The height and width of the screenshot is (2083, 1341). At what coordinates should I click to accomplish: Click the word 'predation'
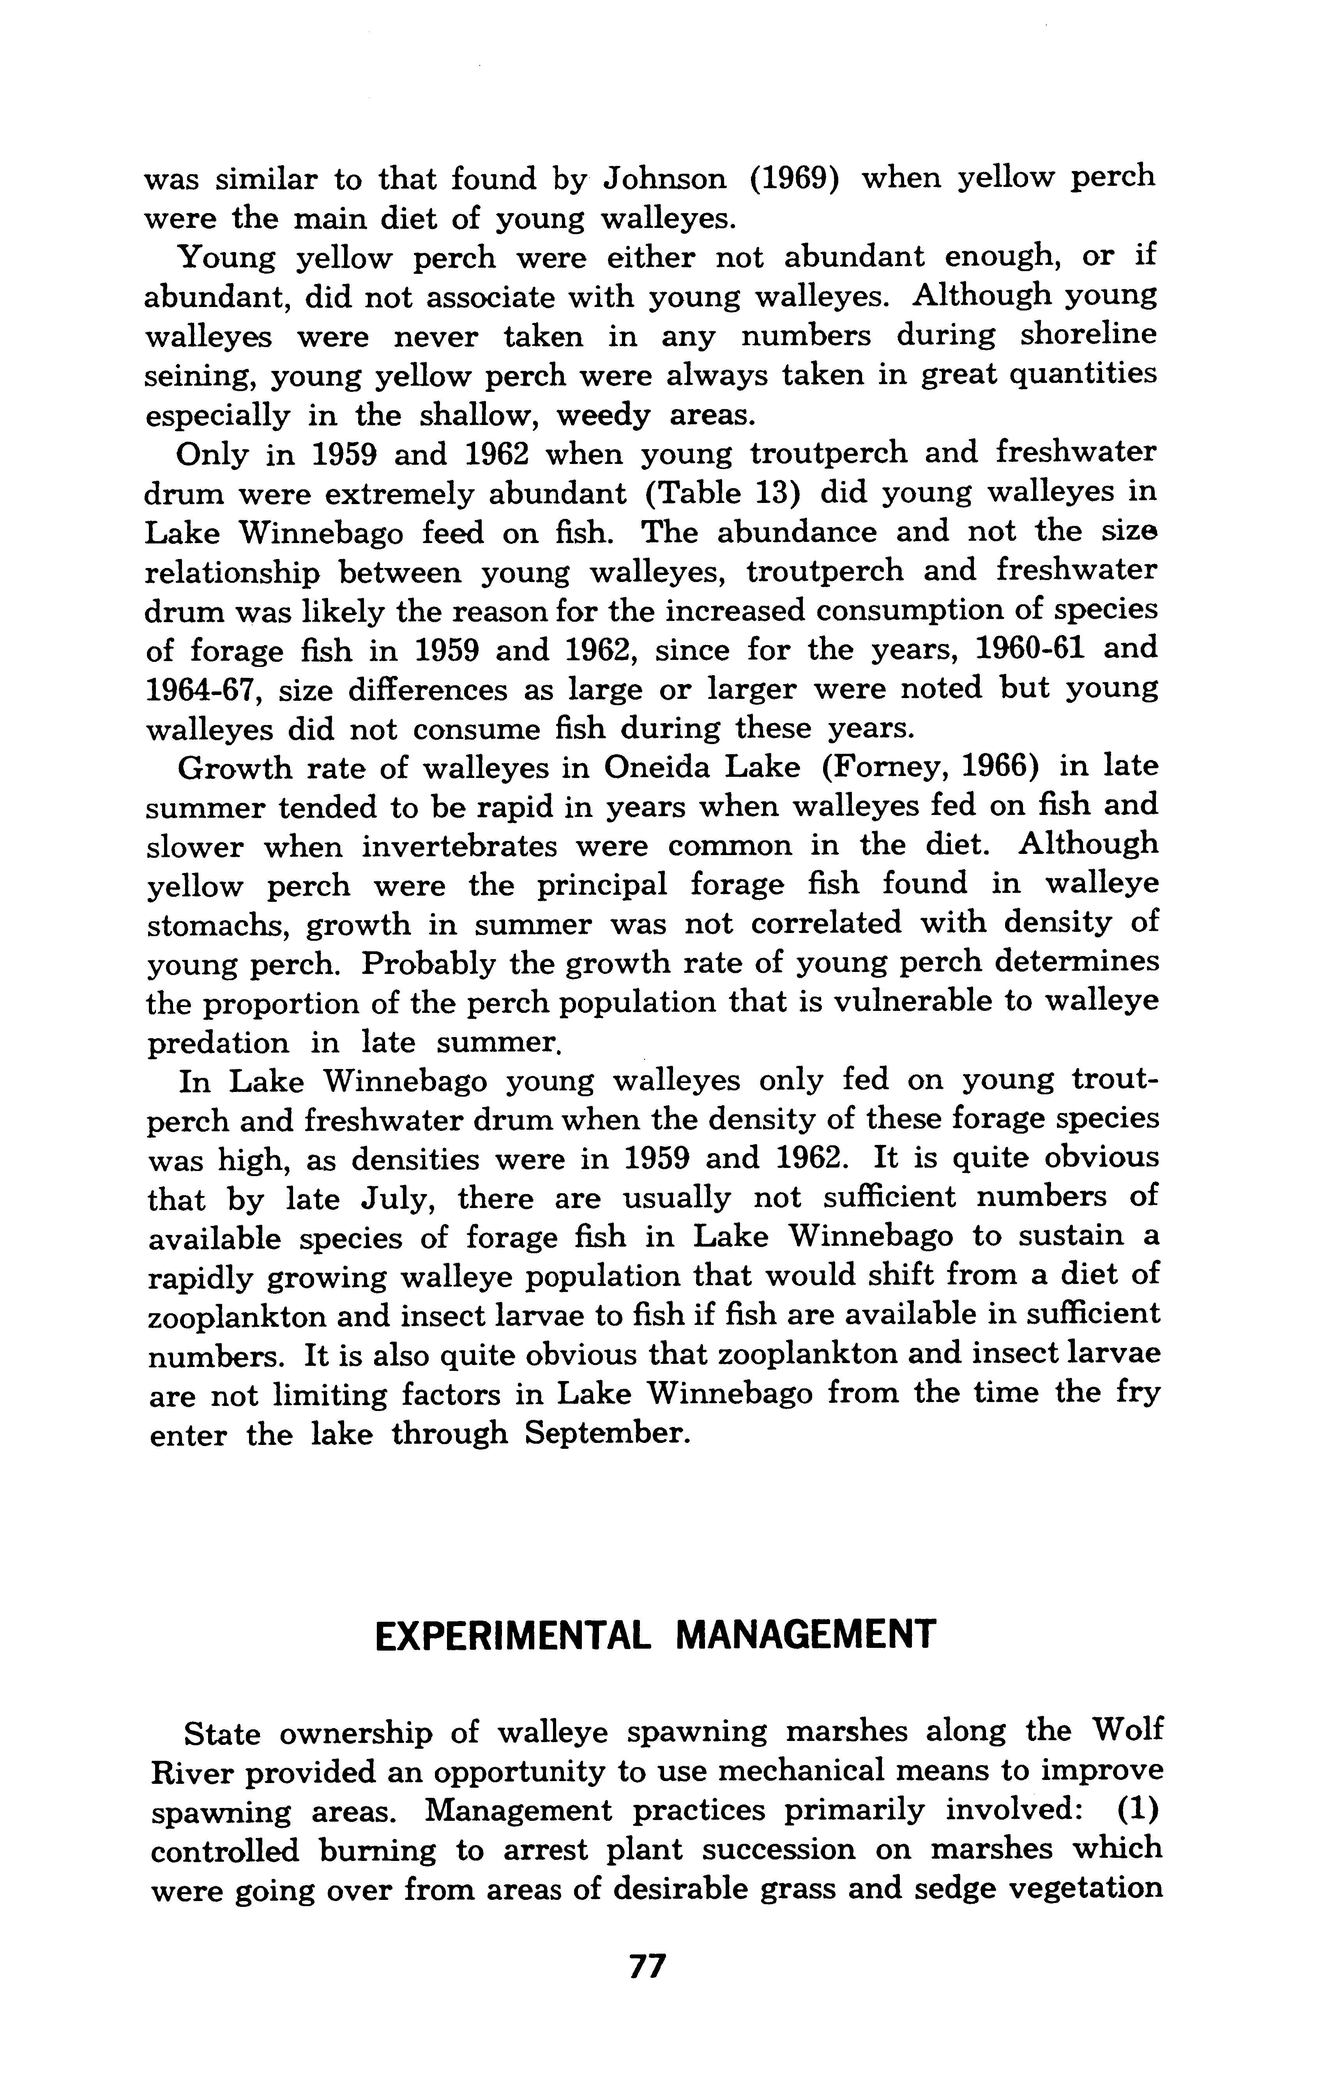218,1043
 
